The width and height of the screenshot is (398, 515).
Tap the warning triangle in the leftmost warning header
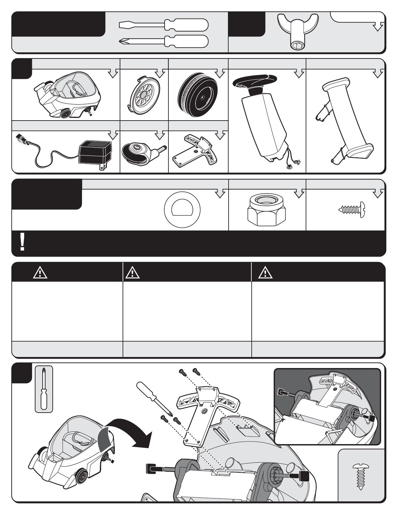click(40, 273)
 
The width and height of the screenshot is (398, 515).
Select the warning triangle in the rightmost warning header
click(265, 273)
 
